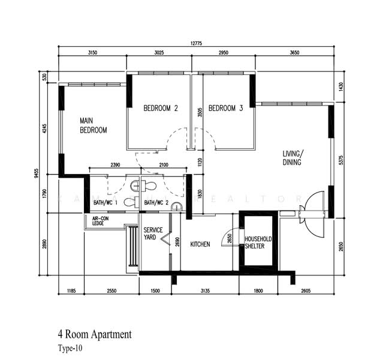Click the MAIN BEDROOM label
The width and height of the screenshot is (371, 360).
click(x=93, y=125)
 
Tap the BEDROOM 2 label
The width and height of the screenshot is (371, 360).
click(x=160, y=109)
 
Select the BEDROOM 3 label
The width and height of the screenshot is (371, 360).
click(x=225, y=109)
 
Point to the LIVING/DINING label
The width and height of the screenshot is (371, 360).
click(x=293, y=158)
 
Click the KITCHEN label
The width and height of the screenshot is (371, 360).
click(x=200, y=244)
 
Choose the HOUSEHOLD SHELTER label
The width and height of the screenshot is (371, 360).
click(x=258, y=243)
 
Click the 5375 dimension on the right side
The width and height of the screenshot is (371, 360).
click(x=341, y=160)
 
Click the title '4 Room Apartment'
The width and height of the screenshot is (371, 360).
click(x=94, y=334)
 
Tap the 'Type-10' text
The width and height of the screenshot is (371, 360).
click(x=70, y=347)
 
